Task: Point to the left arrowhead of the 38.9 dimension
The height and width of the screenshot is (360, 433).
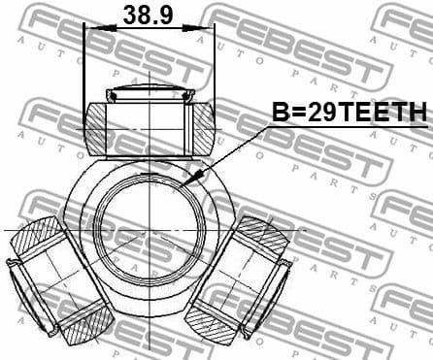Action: click(90, 28)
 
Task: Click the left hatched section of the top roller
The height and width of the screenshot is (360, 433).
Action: click(95, 127)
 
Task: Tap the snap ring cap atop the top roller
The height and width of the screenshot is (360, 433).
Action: click(149, 94)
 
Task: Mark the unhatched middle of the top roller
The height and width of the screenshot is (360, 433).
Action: click(149, 126)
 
